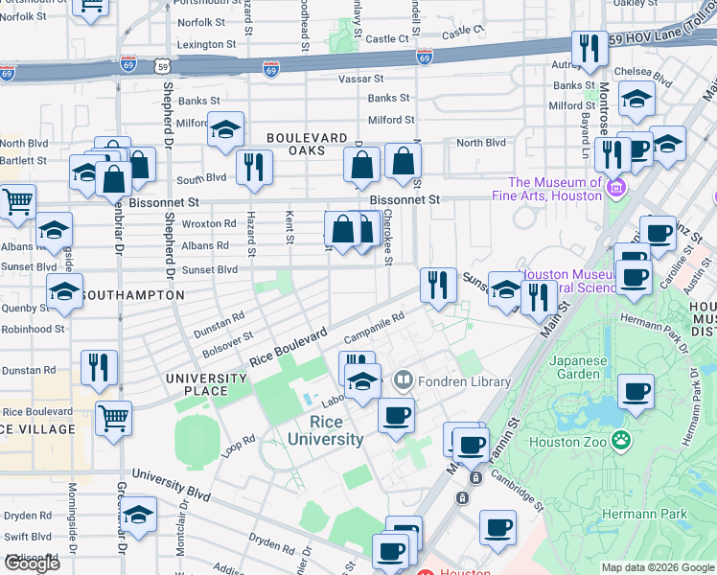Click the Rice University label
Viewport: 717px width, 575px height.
point(323,430)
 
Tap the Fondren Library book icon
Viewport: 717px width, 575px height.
point(403,380)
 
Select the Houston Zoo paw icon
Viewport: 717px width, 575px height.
point(621,440)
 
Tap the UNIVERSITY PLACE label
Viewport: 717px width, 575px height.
point(210,384)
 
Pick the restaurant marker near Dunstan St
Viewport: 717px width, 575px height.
point(100,366)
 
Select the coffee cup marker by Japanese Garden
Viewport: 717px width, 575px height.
point(636,391)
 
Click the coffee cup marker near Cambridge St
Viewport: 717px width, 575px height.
point(497,527)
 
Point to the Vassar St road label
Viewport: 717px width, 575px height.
point(363,79)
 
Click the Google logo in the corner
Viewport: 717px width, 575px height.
point(32,563)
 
